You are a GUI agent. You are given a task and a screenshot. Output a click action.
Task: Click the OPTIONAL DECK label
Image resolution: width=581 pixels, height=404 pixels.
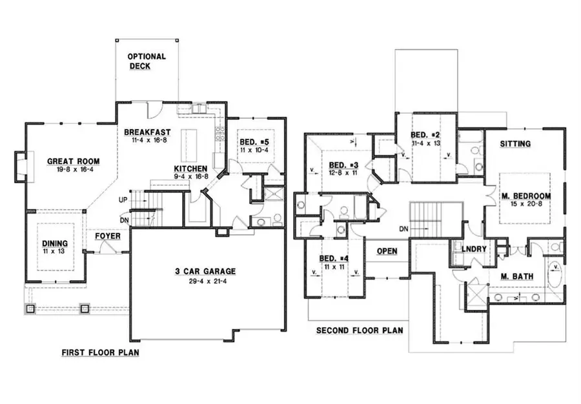[x=147, y=61]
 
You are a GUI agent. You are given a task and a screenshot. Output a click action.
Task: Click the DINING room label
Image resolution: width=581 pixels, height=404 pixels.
[x=56, y=243]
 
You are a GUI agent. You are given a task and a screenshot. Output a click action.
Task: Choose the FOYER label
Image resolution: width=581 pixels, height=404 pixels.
[x=108, y=236]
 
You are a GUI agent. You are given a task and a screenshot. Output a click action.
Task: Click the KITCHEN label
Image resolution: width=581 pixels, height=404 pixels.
[x=190, y=169]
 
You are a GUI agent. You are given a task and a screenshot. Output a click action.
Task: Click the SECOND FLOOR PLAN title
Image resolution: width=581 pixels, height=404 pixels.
[x=359, y=330]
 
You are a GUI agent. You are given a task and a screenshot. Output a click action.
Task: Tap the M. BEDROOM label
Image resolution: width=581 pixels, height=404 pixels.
[x=525, y=196]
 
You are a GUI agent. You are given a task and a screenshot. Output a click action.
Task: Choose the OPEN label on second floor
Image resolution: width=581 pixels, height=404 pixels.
[x=387, y=251]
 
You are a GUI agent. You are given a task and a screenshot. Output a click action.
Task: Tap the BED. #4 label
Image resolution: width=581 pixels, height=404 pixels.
[x=334, y=259]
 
